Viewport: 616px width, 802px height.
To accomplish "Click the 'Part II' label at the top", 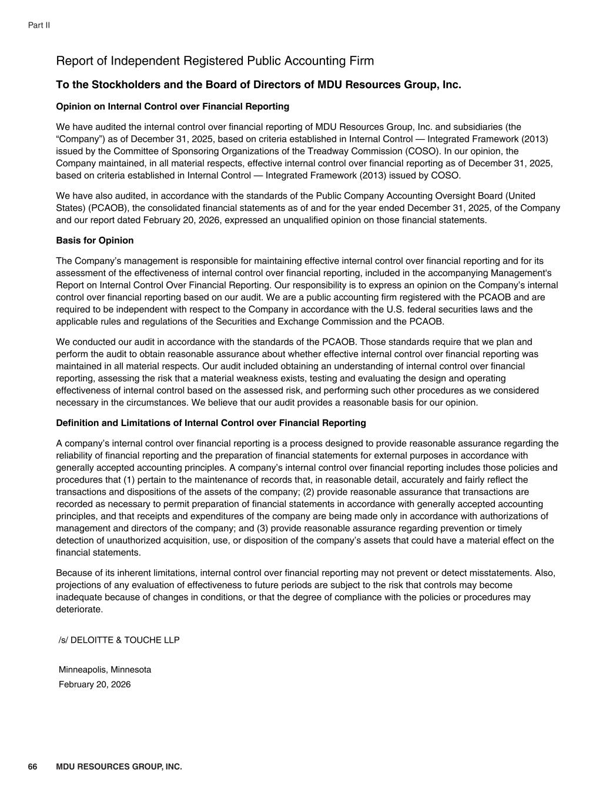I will coord(39,25).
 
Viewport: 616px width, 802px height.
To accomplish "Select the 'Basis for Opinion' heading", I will coord(95,240).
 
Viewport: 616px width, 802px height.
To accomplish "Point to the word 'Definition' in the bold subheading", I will coord(77,423).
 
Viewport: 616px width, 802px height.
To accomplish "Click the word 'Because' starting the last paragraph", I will coord(72,573).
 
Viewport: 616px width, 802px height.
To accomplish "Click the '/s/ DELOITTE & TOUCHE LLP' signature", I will coord(119,640).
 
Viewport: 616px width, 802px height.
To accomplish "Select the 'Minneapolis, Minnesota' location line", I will coord(105,670).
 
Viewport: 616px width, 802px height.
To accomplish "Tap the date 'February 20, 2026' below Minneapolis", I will coord(95,684).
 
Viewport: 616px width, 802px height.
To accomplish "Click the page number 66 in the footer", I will coord(32,767).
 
